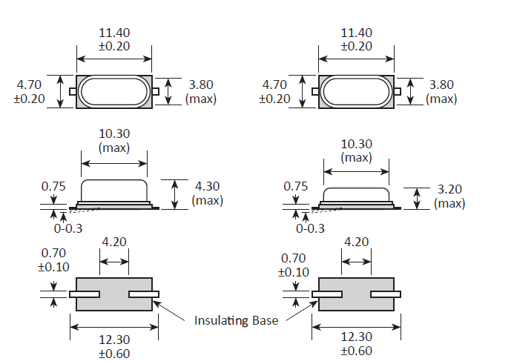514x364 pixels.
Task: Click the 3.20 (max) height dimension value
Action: pos(450,197)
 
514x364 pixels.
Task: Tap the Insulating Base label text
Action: pos(236,320)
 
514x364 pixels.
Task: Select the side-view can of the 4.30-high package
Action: pos(115,191)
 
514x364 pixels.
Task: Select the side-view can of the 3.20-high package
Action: pos(357,194)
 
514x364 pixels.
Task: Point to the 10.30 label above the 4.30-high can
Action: pos(114,140)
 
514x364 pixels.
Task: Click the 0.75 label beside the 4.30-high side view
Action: pos(53,187)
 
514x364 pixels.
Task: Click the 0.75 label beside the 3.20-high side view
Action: pos(295,187)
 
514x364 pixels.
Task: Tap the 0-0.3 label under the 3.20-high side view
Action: pos(310,228)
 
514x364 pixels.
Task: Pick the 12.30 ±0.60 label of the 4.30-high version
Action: pos(114,344)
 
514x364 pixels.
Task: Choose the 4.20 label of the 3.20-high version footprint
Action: pos(357,242)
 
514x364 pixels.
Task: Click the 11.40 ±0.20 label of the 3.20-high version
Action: pos(357,39)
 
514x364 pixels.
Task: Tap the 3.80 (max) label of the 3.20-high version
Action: pos(441,92)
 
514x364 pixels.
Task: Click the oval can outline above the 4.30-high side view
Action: pos(114,92)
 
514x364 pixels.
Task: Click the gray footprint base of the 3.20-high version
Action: pos(357,295)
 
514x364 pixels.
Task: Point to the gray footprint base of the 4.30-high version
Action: pos(114,295)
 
